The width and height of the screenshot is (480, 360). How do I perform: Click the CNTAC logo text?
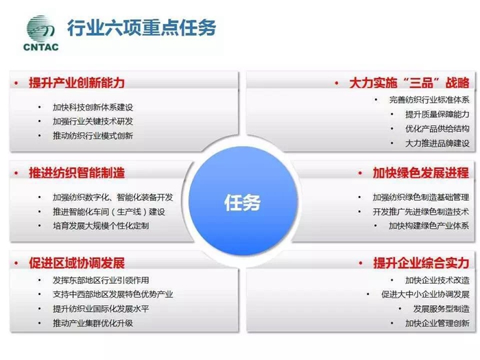point(40,47)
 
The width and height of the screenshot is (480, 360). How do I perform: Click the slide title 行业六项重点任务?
point(142,27)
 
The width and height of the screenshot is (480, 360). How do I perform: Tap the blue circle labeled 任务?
point(243,201)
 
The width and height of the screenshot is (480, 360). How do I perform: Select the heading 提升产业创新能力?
point(77,83)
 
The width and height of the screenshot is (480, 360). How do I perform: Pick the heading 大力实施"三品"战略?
point(409,83)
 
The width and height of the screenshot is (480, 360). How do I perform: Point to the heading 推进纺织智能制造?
point(77,173)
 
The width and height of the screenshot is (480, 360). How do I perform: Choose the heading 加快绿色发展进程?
point(421,173)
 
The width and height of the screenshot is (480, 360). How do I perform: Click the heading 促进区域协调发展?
point(77,263)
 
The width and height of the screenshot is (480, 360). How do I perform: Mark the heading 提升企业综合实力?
point(421,263)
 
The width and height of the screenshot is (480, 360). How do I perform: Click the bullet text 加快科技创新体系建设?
point(93,107)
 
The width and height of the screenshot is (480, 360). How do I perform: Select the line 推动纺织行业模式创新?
point(93,136)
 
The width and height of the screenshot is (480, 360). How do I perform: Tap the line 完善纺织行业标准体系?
point(429,100)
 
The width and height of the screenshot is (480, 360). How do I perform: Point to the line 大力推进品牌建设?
point(437,143)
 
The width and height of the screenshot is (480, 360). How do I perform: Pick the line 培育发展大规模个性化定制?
point(101,226)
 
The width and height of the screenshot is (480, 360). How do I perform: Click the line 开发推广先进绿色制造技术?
point(421,211)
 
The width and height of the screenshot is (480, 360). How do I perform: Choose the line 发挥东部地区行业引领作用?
point(101,280)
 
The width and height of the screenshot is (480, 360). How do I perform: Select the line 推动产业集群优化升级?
point(93,323)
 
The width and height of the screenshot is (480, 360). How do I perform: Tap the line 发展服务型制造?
point(441,309)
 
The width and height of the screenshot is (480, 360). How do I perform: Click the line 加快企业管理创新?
point(437,323)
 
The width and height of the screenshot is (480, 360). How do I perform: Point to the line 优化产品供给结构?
point(437,129)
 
